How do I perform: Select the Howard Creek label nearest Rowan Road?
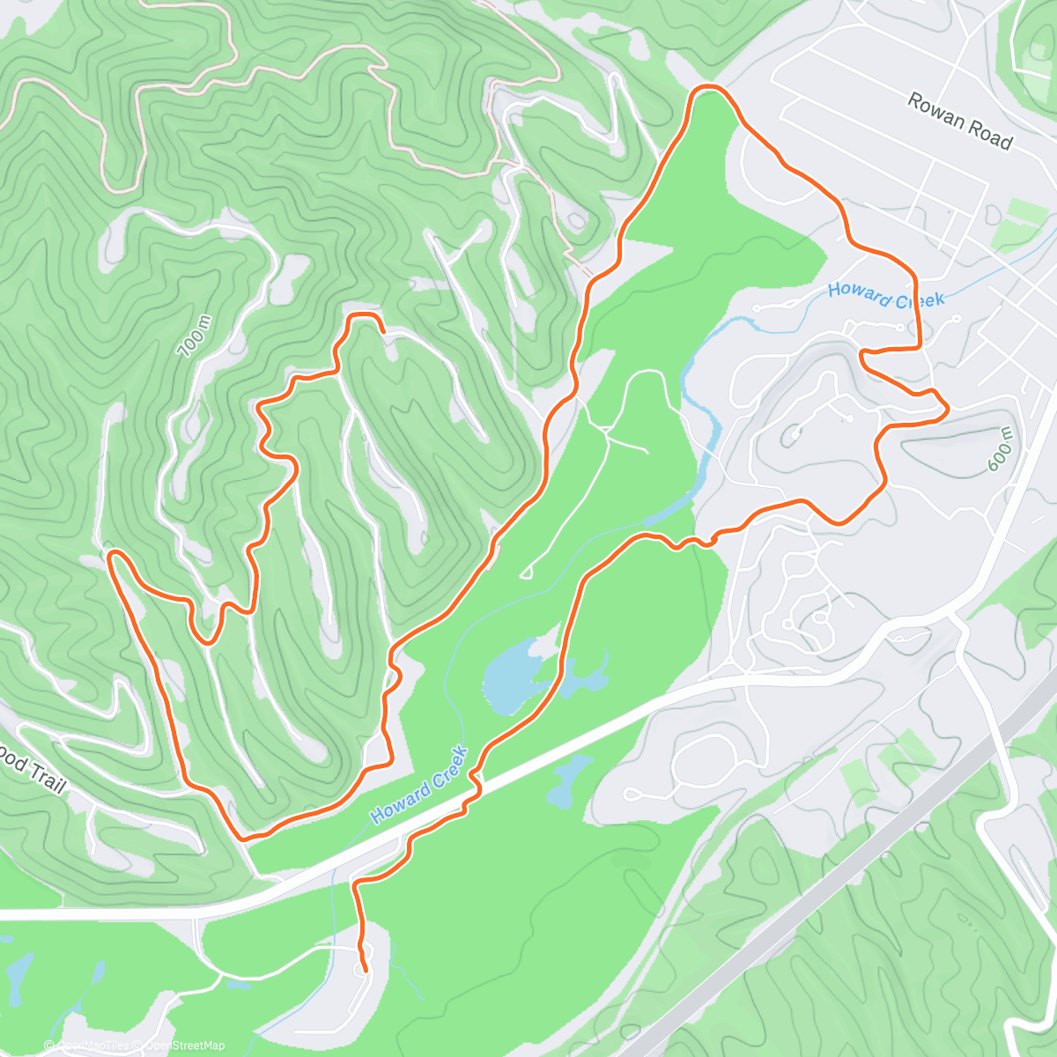(x=885, y=295)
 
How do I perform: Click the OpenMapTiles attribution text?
(x=93, y=1046)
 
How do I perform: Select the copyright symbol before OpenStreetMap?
(x=135, y=1046)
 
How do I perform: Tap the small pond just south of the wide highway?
(x=565, y=783)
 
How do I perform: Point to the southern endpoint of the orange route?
(x=365, y=971)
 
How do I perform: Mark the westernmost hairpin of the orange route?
(x=111, y=555)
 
